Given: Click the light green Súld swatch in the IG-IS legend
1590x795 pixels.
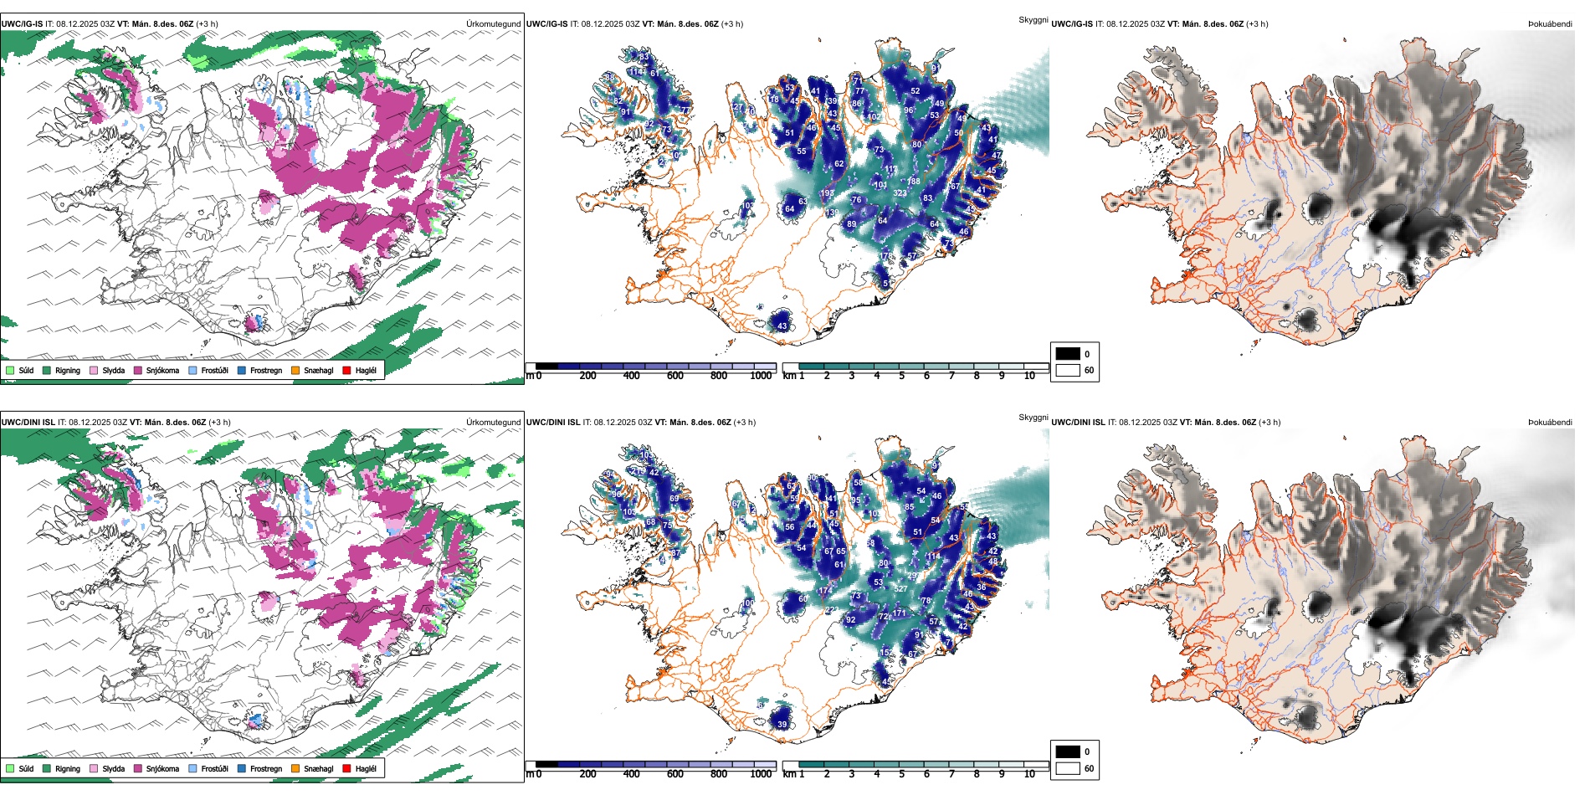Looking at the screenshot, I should pos(10,370).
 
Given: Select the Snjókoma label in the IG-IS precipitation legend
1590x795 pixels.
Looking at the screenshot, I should pos(162,370).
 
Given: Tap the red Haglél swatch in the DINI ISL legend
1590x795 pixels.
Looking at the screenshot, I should pos(346,768).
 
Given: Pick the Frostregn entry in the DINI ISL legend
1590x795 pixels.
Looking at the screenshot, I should pos(265,768).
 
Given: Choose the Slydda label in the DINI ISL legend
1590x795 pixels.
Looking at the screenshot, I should pos(113,768).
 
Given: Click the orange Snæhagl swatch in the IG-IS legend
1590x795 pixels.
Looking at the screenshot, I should pos(295,370).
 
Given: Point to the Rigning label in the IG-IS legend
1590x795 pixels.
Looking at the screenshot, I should pos(67,370).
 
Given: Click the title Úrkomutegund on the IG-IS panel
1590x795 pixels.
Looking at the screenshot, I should pos(493,23).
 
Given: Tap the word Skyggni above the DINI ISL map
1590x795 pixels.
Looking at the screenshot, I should pos(1033,417).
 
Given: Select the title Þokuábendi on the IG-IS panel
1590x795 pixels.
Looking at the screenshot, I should pos(1550,23).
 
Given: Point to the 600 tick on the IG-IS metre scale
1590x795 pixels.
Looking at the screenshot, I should pos(674,376).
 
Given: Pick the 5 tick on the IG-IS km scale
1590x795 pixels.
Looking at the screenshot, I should pos(901,376).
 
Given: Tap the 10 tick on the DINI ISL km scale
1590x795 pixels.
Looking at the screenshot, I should pos(1029,774).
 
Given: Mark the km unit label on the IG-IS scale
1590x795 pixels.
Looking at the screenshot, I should pos(788,376).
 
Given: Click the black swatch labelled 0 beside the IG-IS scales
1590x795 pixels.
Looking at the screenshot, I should pos(1068,354).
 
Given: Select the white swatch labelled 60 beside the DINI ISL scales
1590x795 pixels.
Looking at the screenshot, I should pos(1068,768).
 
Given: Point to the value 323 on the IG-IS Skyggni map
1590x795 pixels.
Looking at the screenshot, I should pos(900,193).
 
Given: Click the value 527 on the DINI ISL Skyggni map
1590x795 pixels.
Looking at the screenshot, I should pos(900,589).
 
